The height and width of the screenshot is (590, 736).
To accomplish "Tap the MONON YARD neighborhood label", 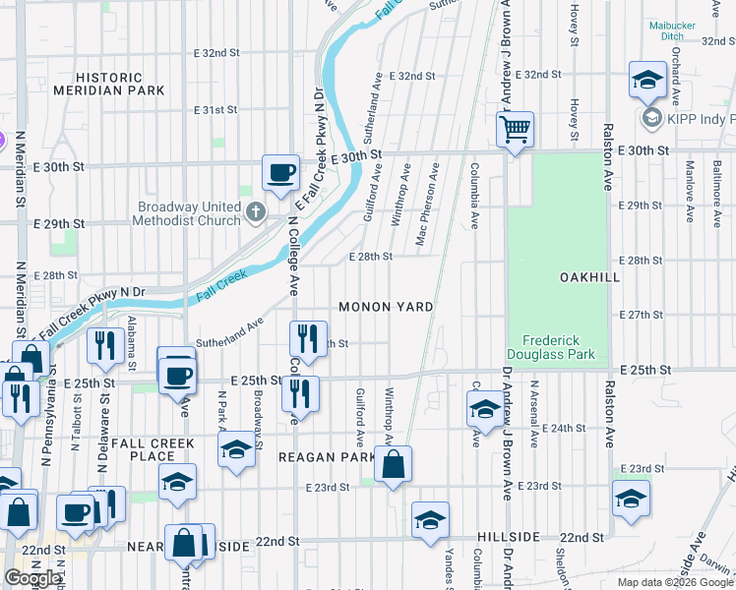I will point(386,307).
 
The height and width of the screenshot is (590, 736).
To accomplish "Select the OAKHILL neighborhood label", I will point(589,277).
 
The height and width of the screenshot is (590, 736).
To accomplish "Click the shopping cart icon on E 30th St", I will point(515,129).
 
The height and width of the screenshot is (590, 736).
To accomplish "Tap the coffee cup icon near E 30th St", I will point(280,172).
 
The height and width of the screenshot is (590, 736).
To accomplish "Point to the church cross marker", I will point(256,210).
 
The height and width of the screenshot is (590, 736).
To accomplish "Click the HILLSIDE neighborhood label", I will point(509,537).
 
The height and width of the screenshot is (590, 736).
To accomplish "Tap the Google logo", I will point(33,578).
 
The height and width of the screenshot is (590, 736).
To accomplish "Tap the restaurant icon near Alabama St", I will point(103,345).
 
